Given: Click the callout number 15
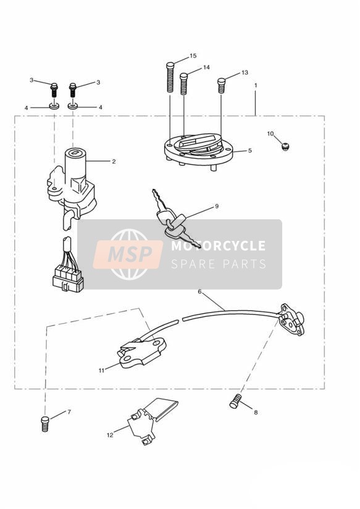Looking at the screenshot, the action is click(193, 56).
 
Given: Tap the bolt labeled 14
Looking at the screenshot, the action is click(184, 84).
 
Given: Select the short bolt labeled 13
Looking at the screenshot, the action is click(222, 86).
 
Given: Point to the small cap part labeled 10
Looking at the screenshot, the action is click(285, 147).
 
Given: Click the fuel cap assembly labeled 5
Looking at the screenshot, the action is click(198, 151).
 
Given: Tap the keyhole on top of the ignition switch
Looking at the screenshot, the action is click(75, 152).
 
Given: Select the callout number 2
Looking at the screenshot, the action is click(114, 161).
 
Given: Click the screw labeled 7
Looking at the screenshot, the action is click(45, 424).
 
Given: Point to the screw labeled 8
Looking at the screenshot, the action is click(236, 401).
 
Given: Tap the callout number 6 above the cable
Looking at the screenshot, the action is click(199, 292).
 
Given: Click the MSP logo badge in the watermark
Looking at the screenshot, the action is click(128, 254).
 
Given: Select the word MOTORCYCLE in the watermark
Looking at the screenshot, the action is click(218, 246).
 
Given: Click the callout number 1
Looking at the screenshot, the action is click(256, 85).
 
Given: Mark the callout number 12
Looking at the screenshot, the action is click(110, 435).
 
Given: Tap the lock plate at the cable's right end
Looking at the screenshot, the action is click(292, 319).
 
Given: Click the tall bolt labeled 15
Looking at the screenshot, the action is click(170, 77).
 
